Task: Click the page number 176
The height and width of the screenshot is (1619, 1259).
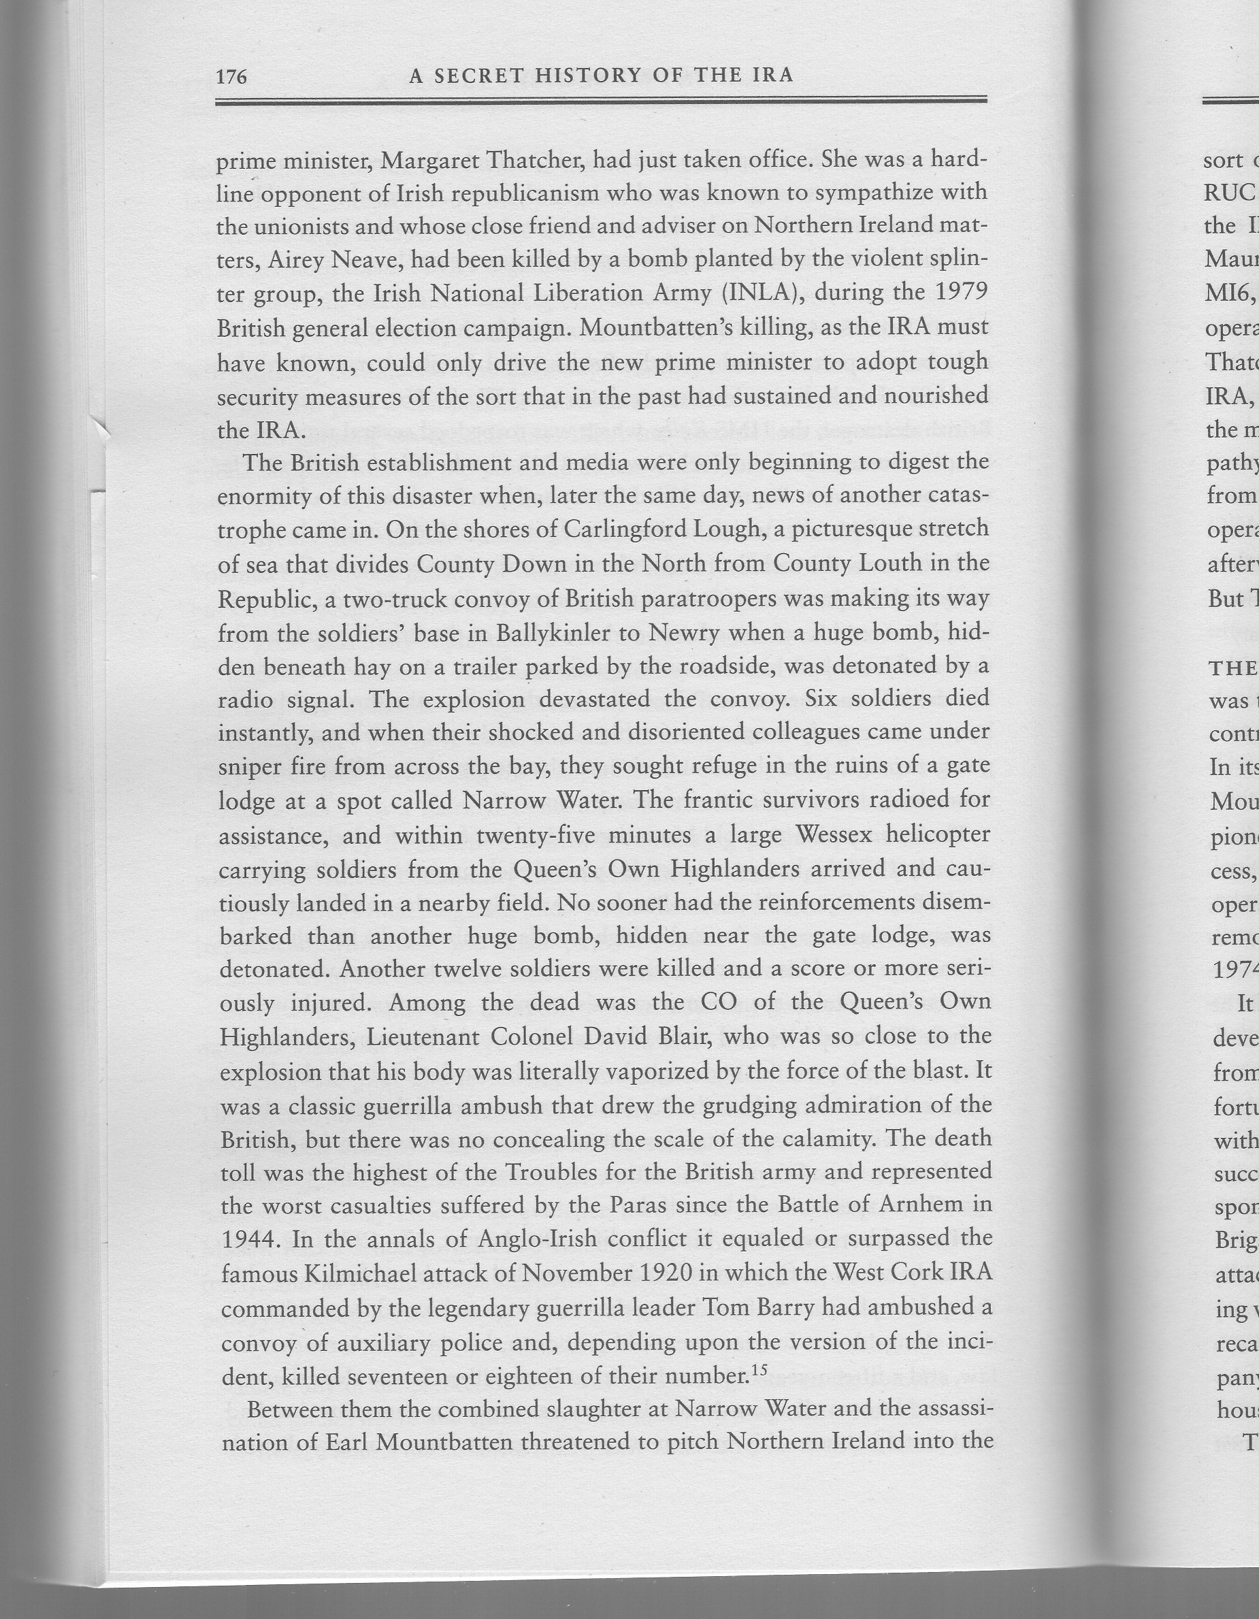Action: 231,76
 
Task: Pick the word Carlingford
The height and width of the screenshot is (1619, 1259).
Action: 627,529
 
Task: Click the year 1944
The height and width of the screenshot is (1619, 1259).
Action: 250,1240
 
